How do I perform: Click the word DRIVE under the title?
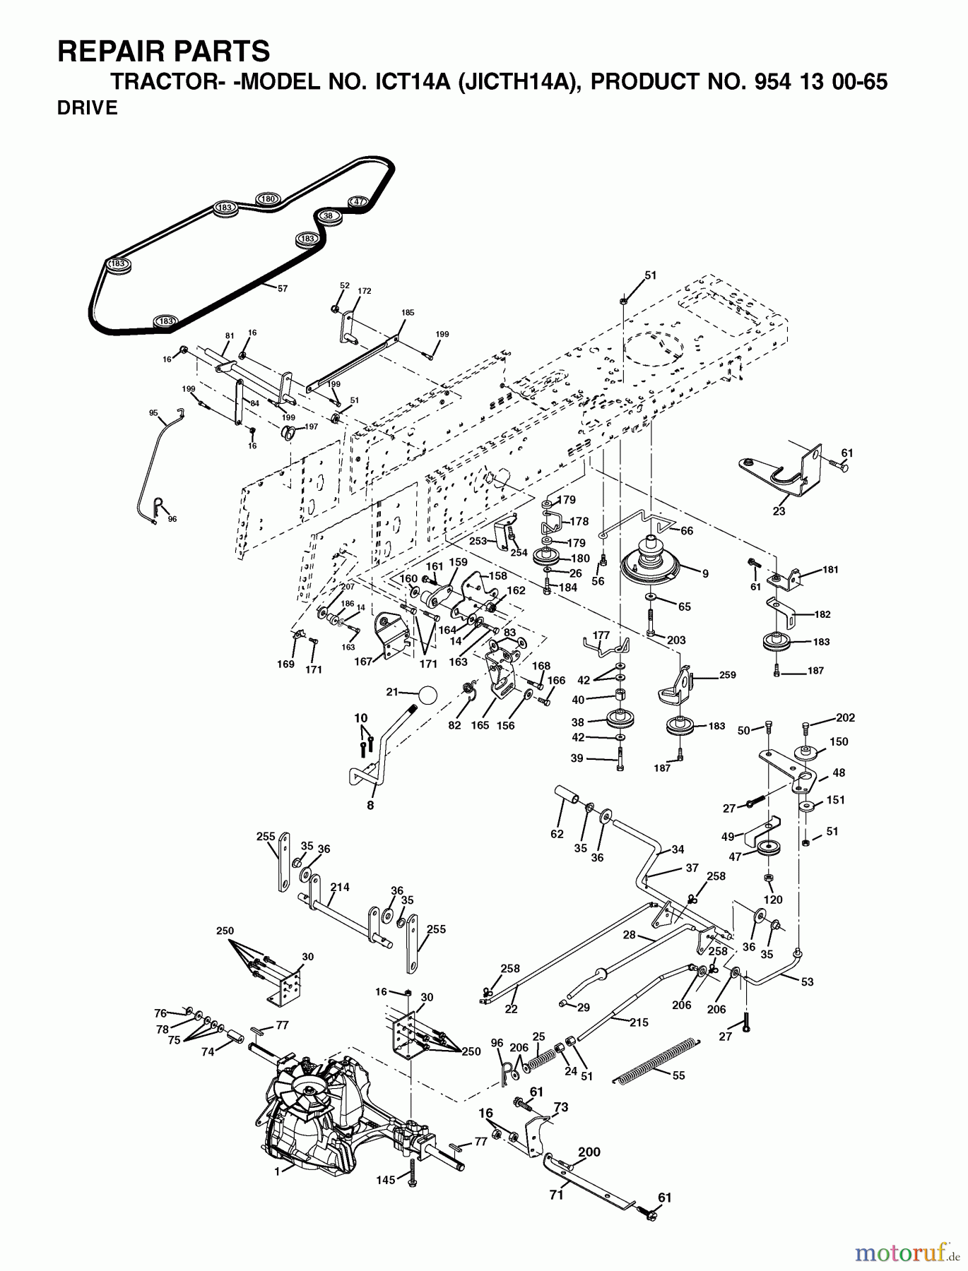pyautogui.click(x=87, y=109)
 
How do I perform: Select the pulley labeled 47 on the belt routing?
pyautogui.click(x=358, y=201)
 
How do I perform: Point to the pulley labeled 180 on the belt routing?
pyautogui.click(x=267, y=199)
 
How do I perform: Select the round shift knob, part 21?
pyautogui.click(x=426, y=694)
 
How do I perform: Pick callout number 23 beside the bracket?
pyautogui.click(x=779, y=512)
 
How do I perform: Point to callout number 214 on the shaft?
pyautogui.click(x=340, y=888)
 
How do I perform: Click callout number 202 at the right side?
pyautogui.click(x=845, y=717)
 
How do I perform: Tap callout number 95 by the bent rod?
pyautogui.click(x=153, y=413)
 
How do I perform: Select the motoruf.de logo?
pyautogui.click(x=907, y=1252)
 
